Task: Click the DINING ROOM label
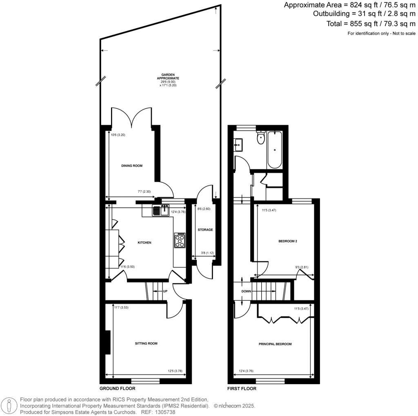(131, 166)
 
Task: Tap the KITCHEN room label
(144, 243)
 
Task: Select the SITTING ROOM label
(146, 344)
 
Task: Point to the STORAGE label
(205, 230)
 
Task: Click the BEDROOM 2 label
(287, 242)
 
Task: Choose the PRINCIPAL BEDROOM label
(275, 344)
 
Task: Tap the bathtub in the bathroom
(275, 150)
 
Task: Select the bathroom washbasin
(238, 144)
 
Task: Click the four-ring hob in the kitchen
(180, 240)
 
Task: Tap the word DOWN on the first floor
(246, 291)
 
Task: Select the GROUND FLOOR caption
(117, 389)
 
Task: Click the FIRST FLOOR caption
(242, 389)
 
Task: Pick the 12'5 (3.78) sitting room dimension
(175, 371)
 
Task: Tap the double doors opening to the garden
(132, 117)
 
